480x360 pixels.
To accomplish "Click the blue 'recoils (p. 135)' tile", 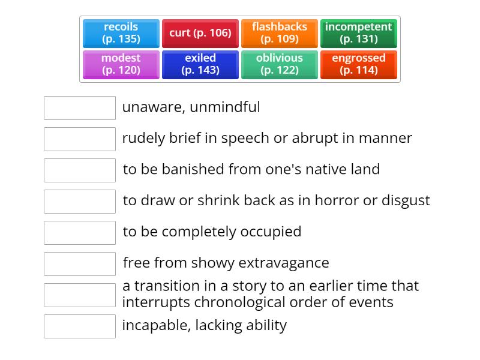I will coord(121,33).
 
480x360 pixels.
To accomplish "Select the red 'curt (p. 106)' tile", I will coord(200,33).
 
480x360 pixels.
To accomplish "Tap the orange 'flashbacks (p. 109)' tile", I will coord(280,33).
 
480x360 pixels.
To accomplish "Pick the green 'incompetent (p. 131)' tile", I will coord(359,33).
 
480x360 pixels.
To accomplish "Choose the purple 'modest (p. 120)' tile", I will coord(121,64).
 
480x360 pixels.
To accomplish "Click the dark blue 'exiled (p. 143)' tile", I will coord(200,64).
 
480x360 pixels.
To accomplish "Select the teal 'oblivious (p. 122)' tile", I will coord(280,64).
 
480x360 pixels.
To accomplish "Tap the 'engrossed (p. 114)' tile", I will coord(359,64).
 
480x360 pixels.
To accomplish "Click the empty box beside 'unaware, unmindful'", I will coord(80,108).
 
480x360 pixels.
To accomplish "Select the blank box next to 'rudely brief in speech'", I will coord(80,139).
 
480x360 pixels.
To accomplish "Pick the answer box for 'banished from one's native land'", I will coord(80,170).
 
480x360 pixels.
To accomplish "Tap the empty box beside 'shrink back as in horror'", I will coord(80,202).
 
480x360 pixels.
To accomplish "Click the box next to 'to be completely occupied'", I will coord(80,233).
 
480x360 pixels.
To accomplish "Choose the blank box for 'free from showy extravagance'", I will coord(80,264).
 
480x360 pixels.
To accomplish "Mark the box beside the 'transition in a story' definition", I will coord(80,295).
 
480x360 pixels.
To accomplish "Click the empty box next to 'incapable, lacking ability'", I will coord(80,326).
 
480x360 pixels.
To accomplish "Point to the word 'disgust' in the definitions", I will coord(406,200).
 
